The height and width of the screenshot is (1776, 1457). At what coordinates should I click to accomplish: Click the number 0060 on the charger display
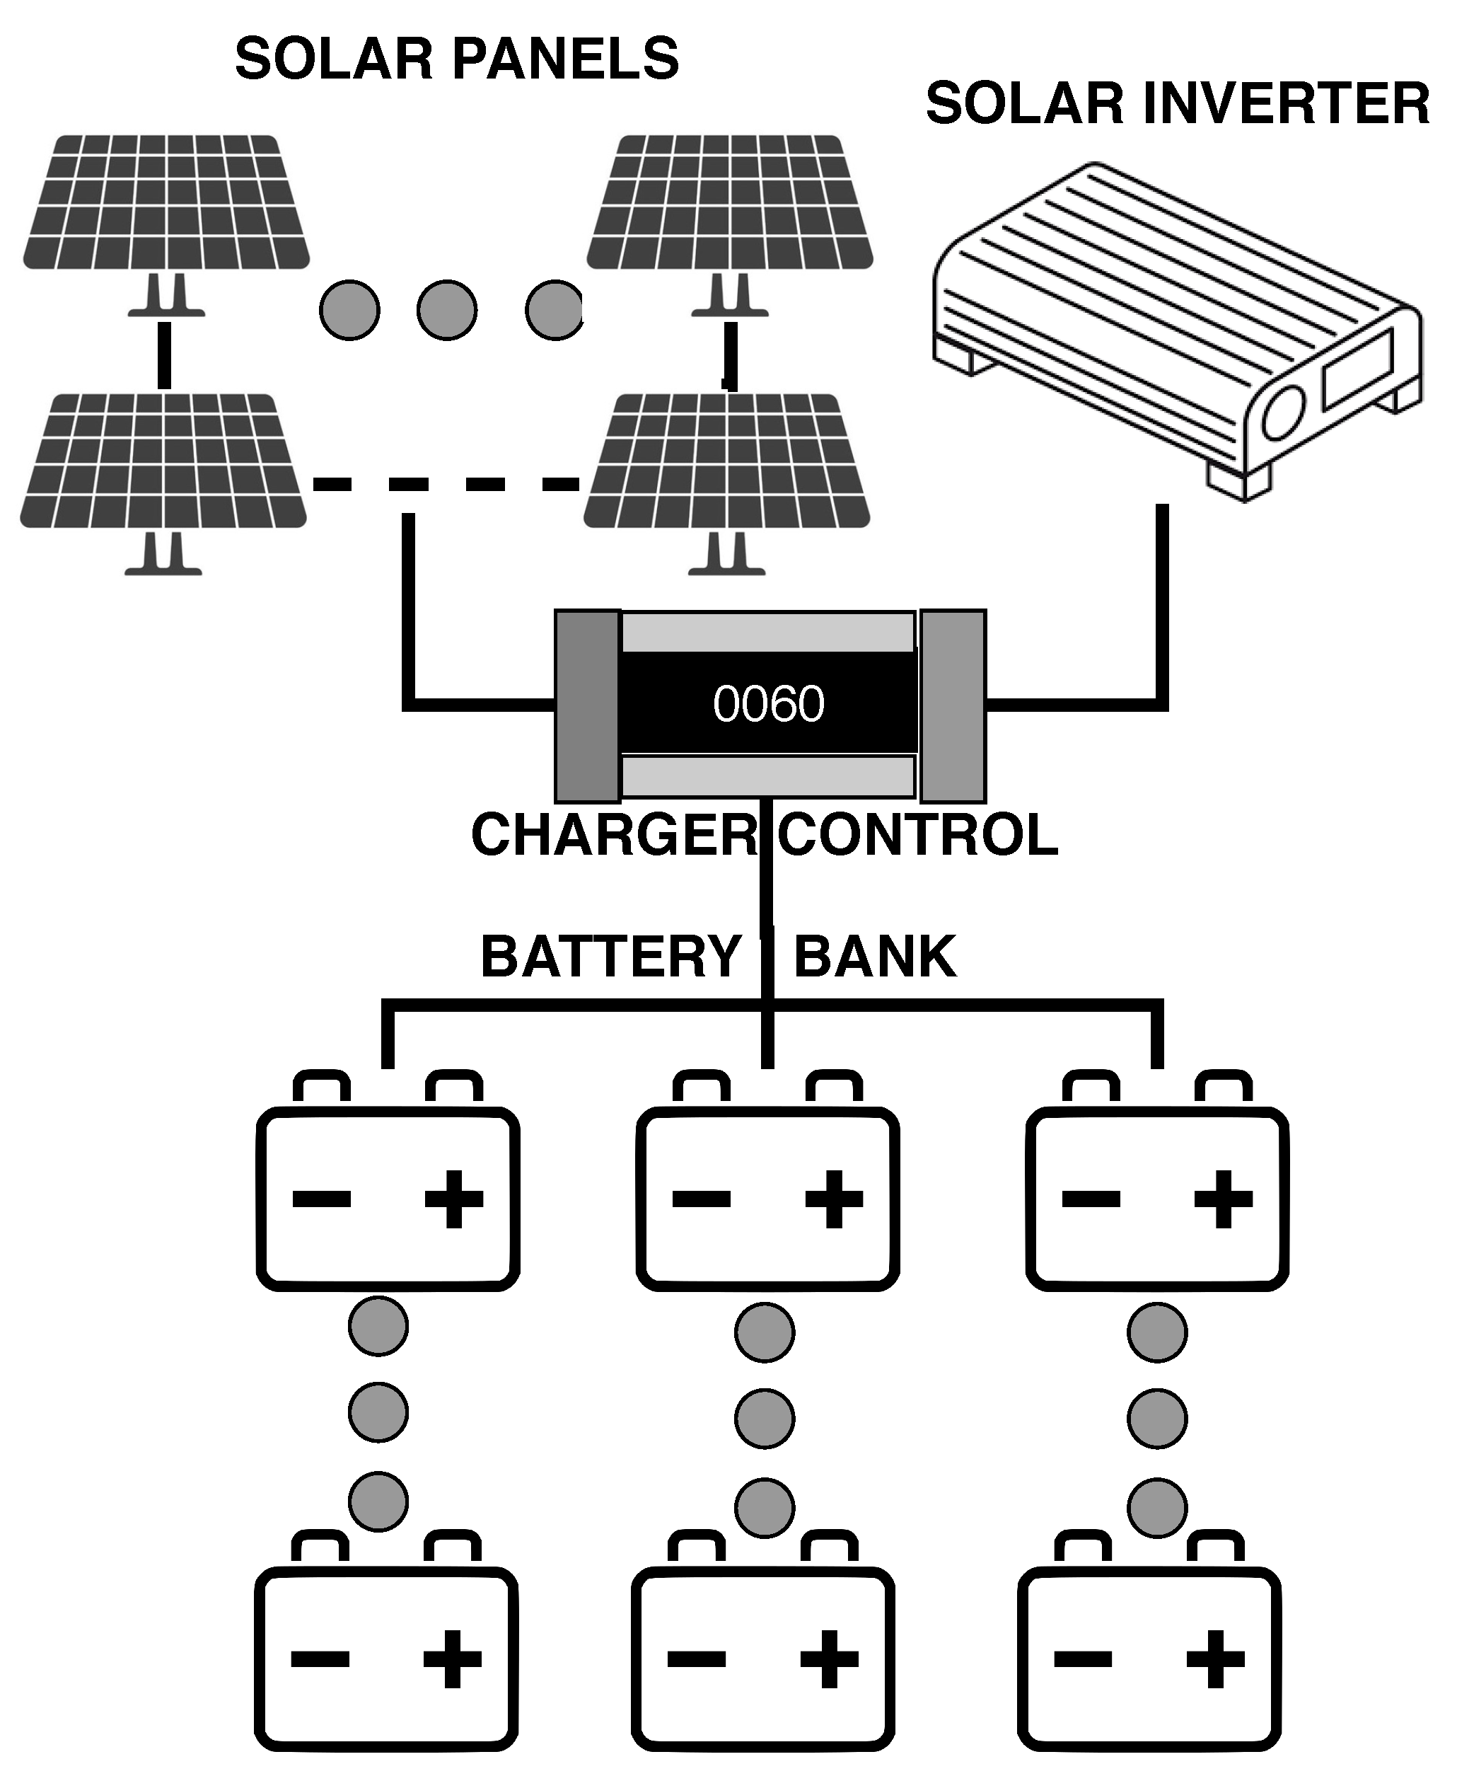[x=768, y=704]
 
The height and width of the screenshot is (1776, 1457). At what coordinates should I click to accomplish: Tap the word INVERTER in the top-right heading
[x=1285, y=104]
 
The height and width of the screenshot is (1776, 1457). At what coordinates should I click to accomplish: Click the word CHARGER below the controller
[x=613, y=836]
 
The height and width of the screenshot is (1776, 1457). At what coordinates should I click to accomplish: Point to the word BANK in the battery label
[x=873, y=957]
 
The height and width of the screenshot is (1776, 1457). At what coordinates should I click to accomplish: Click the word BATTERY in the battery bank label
[x=610, y=957]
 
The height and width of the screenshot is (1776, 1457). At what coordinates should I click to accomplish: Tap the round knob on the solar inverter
[x=1282, y=413]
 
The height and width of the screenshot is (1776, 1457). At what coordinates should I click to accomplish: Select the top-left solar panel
[x=166, y=203]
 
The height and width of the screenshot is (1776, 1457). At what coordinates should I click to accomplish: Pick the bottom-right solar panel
[x=727, y=462]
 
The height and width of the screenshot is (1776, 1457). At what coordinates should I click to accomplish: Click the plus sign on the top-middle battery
[x=833, y=1199]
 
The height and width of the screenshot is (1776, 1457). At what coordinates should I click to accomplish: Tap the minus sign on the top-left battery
[x=321, y=1199]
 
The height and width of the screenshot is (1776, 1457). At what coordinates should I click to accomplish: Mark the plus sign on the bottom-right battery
[x=1214, y=1658]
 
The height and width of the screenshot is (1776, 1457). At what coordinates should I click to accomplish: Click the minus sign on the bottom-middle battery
[x=696, y=1658]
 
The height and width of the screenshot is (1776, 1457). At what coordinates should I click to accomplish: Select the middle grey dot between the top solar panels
[x=446, y=310]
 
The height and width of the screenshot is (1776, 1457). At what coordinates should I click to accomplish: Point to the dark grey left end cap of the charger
[x=588, y=705]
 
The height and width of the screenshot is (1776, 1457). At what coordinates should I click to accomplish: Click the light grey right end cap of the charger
[x=953, y=705]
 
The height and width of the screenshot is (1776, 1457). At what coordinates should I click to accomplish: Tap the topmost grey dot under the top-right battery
[x=1156, y=1332]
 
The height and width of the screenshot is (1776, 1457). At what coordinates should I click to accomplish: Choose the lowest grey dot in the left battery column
[x=378, y=1501]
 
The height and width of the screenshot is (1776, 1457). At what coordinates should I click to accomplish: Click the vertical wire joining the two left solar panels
[x=165, y=354]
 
